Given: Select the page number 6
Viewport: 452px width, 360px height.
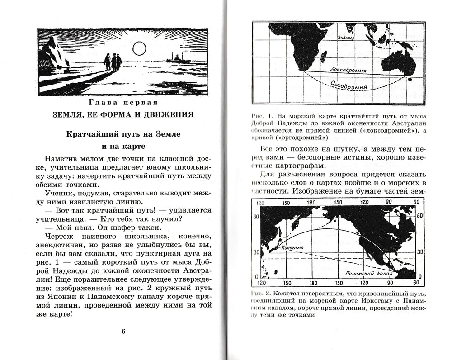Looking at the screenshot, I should (x=123, y=331).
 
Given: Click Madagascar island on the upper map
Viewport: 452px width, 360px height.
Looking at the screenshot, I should (x=324, y=56).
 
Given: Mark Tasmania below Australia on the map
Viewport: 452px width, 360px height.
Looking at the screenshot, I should (x=410, y=80).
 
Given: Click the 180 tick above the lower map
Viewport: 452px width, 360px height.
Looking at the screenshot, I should (x=312, y=203).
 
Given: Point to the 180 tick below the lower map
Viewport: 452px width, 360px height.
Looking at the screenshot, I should (x=312, y=283).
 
